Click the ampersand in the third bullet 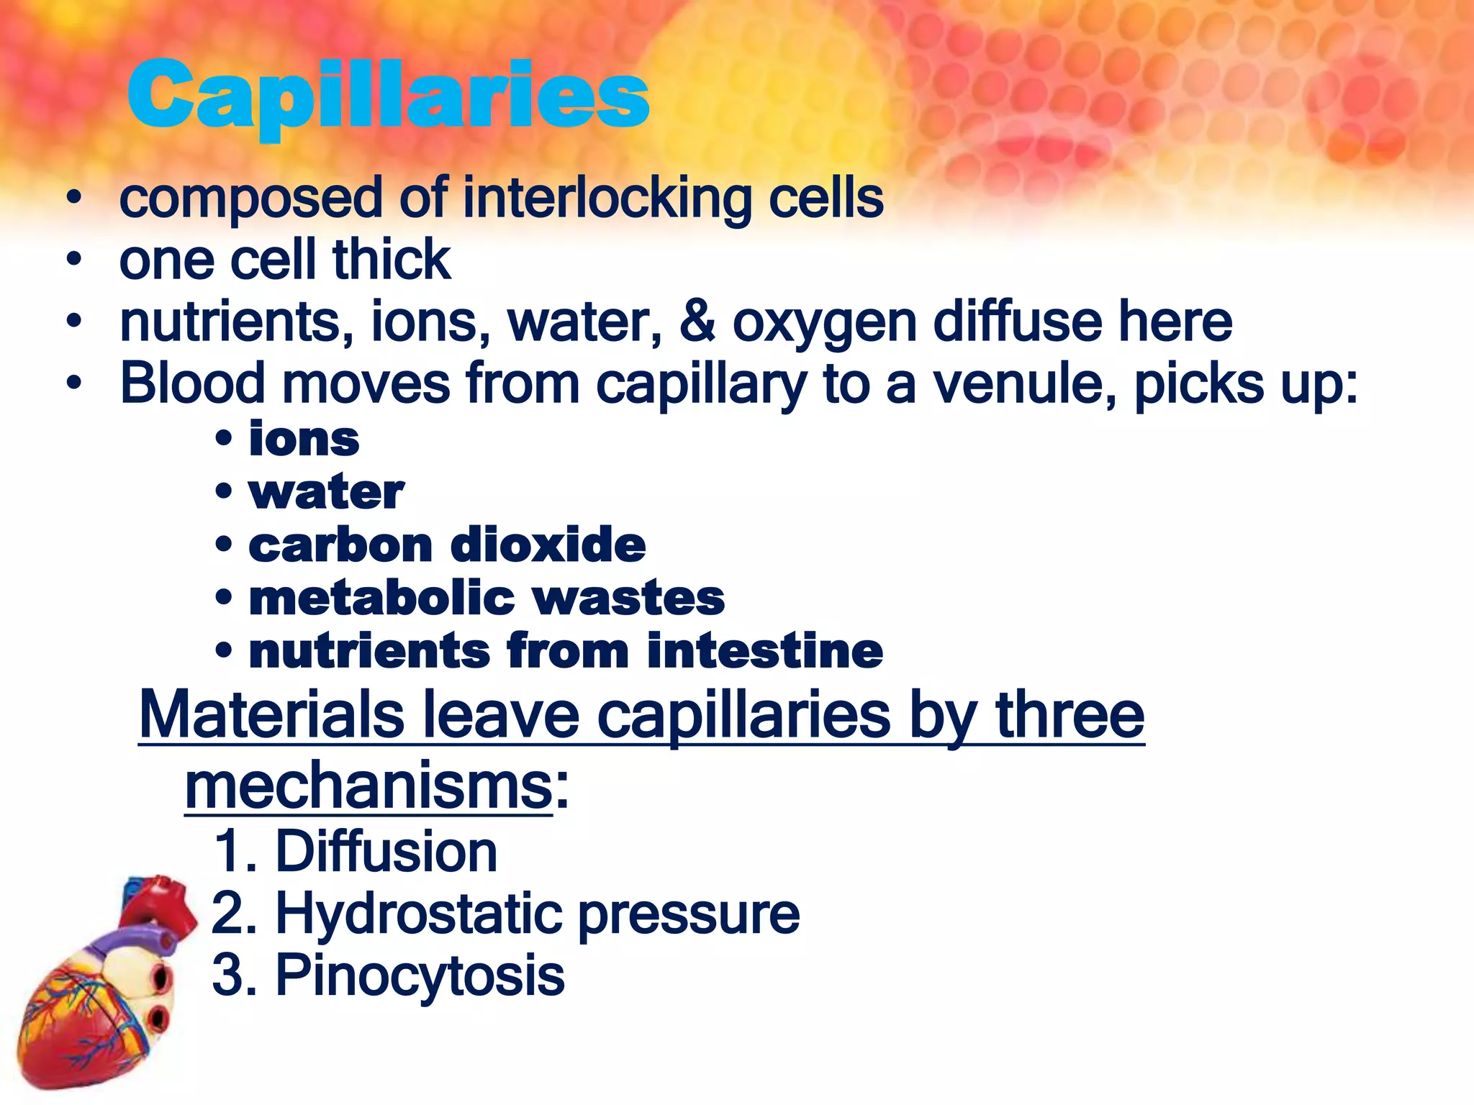coord(697,322)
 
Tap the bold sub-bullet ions coord(304,440)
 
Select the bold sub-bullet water coord(326,493)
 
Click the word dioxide coord(547,545)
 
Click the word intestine coord(764,651)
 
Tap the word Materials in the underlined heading coord(271,714)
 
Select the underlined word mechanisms coord(368,786)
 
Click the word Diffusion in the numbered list coord(386,852)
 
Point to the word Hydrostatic coord(418,914)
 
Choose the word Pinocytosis coord(420,976)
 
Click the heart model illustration coord(101,986)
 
